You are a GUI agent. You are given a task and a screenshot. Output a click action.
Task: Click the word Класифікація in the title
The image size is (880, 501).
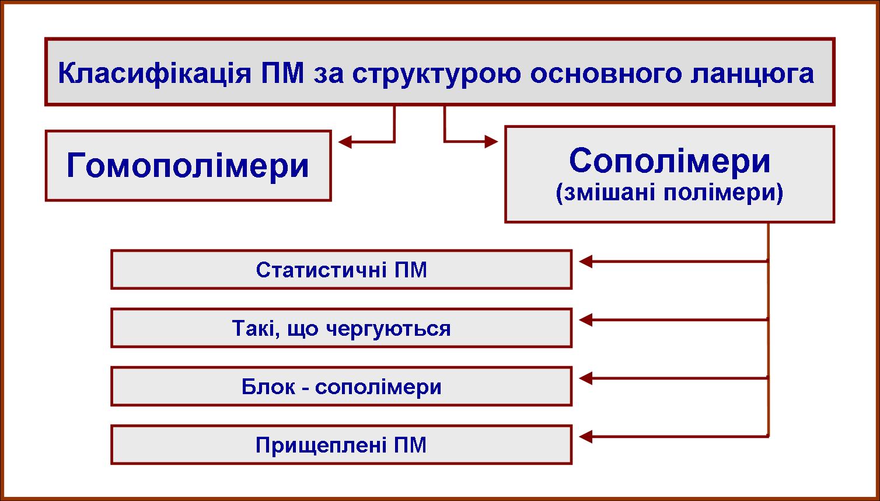pos(155,74)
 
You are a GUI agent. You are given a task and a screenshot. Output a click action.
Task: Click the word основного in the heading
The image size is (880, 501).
pos(606,74)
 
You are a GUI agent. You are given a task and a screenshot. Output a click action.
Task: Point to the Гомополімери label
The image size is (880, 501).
pos(188,165)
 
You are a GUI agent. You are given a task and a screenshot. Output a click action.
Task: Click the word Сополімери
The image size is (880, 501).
pos(669,161)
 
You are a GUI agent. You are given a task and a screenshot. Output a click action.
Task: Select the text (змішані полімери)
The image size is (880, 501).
pos(669,193)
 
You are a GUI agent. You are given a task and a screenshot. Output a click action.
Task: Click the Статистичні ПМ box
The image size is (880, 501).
pos(341,269)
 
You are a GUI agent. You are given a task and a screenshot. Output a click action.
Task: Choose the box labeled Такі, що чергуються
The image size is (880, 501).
pos(341,328)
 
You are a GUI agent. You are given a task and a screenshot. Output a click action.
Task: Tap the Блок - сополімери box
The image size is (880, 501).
pos(341,386)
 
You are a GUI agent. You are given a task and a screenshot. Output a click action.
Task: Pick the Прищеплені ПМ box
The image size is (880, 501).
pos(341,445)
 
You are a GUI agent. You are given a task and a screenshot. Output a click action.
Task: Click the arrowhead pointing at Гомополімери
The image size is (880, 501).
pos(345,141)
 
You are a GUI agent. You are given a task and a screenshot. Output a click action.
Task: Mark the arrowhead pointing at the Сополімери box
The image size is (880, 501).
pos(491,141)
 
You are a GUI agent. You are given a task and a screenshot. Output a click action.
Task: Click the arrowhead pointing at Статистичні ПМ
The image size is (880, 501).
pos(586,262)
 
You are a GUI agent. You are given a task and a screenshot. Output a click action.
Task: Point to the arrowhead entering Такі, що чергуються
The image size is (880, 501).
pos(586,320)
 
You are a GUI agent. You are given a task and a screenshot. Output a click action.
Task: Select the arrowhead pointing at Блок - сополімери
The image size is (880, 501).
pos(586,378)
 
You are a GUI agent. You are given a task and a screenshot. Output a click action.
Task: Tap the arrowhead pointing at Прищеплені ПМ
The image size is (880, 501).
pos(586,437)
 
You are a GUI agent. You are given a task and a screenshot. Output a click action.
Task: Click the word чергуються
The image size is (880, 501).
pos(389,329)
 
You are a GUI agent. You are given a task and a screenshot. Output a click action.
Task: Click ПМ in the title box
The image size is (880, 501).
pos(282,74)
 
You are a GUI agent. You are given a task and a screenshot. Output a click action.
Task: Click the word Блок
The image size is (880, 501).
pos(268,387)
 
